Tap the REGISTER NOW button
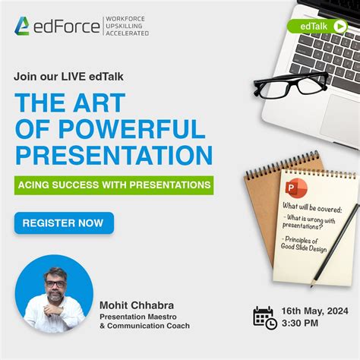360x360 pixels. (64, 223)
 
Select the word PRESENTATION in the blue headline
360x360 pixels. (114, 154)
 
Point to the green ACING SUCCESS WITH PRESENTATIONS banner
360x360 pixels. (114, 185)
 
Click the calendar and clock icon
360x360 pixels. (265, 317)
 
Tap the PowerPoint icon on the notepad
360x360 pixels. (294, 190)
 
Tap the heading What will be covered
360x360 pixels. (312, 207)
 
